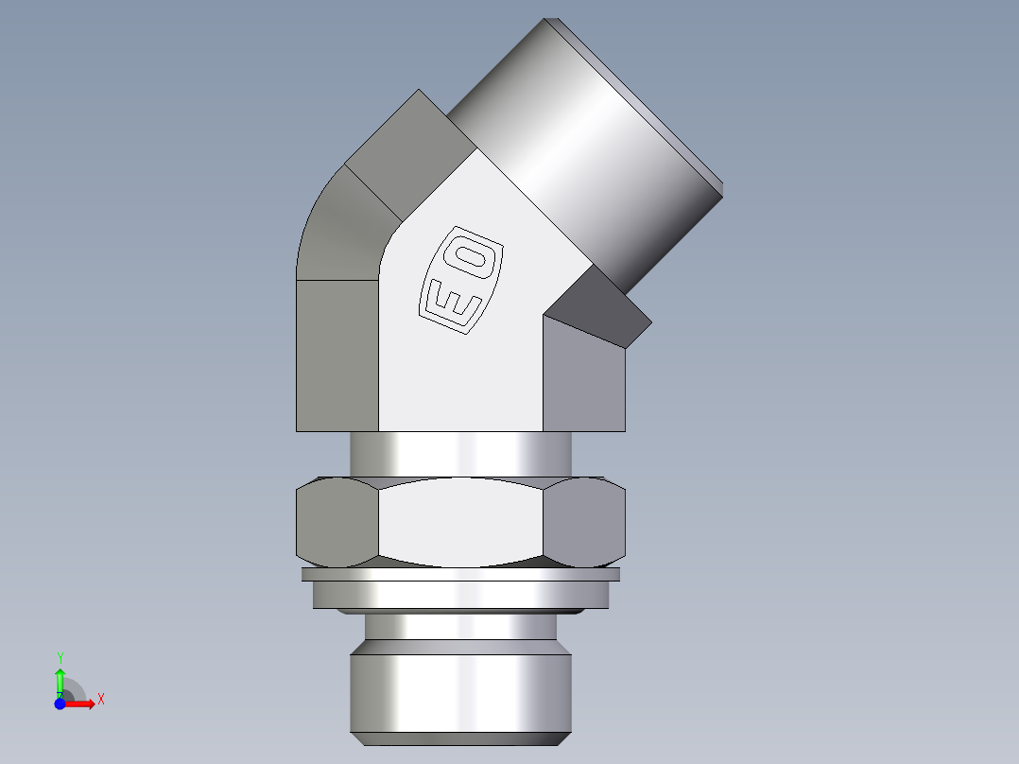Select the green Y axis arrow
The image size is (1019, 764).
60,682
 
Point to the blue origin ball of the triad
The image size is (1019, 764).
60,703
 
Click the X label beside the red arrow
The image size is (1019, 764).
100,700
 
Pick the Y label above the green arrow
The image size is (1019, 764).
60,657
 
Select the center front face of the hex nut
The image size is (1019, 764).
461,520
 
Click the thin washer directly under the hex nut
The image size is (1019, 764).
461,574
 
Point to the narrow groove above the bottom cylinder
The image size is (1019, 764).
461,626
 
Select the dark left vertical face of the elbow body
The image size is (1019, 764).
337,355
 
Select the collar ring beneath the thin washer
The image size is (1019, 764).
461,595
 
